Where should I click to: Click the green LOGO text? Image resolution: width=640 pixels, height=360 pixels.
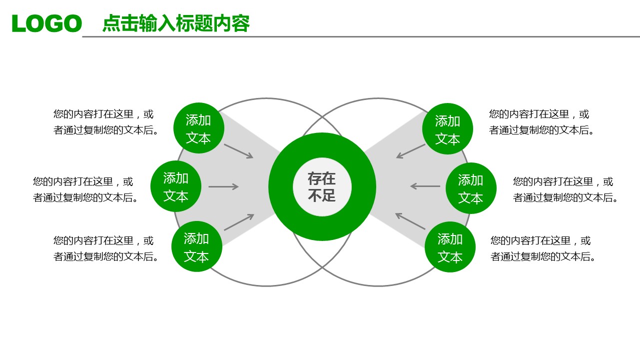pos(47,23)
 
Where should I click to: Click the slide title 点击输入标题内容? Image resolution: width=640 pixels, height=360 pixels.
pos(175,23)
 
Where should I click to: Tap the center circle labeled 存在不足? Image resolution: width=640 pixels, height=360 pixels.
pos(322,186)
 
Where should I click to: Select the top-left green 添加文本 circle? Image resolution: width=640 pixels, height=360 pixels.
pos(198,128)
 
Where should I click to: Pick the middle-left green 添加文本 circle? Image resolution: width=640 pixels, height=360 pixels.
pos(176,186)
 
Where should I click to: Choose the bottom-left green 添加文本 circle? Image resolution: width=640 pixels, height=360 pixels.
pos(196,247)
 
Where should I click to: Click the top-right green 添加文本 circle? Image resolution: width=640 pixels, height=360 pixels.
pos(447,129)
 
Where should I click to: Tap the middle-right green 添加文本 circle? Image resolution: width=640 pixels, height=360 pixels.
pos(471,188)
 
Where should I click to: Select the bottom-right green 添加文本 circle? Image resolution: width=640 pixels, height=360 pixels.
pos(450,247)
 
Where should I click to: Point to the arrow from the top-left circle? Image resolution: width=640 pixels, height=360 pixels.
pos(239,151)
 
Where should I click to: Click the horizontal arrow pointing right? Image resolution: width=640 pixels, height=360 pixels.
pos(223,187)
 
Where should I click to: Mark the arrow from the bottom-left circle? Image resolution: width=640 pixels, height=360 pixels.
pos(239,222)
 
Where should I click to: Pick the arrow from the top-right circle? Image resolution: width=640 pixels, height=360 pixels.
pos(411,151)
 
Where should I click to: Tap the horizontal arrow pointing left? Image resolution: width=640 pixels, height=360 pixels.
pos(425,186)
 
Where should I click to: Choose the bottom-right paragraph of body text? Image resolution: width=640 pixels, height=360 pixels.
pos(543,248)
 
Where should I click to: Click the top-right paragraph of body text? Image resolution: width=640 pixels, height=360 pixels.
pos(542,122)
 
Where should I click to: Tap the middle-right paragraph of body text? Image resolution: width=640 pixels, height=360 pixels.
pos(566,189)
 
